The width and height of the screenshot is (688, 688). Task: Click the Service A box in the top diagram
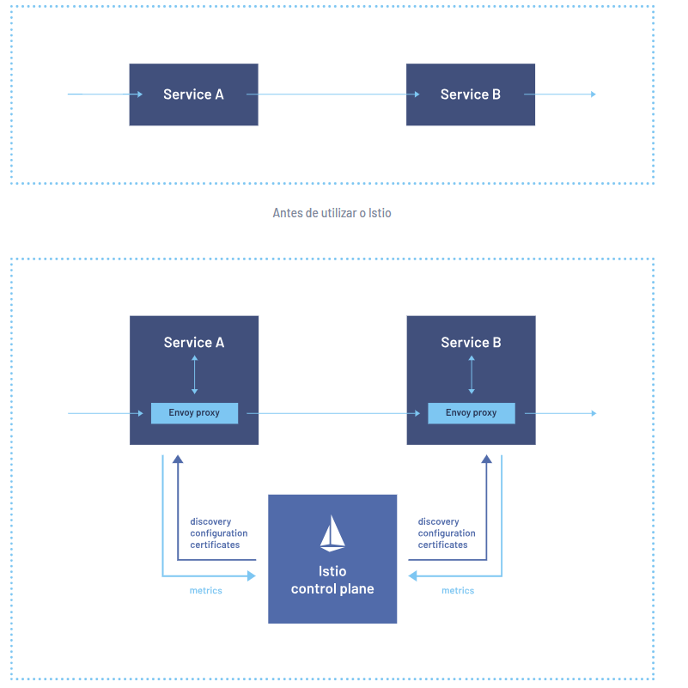(193, 94)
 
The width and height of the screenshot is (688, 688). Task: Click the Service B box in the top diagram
(470, 94)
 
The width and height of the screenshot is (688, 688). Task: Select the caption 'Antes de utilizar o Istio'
(332, 212)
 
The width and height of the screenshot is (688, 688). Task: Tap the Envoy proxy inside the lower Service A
(194, 413)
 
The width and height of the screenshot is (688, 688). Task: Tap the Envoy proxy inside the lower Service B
(472, 413)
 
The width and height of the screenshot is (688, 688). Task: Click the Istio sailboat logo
(332, 533)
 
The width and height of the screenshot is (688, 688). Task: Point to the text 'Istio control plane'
(332, 581)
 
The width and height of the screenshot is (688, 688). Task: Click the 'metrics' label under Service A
(205, 591)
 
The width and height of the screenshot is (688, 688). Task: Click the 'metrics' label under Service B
(457, 591)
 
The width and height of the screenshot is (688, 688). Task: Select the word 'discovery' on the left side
(211, 521)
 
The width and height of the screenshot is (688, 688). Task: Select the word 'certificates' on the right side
(443, 545)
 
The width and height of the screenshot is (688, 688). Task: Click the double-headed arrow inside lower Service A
(194, 374)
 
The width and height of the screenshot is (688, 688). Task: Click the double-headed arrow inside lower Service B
(472, 374)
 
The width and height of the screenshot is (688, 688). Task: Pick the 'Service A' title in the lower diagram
(194, 343)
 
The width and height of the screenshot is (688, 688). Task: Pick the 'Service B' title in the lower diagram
(471, 343)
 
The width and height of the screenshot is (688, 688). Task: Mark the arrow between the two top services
(332, 94)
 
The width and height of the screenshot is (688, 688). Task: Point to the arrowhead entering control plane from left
(252, 575)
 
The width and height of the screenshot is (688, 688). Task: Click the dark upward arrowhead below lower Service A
(178, 460)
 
